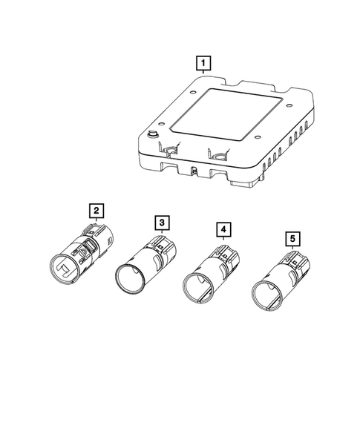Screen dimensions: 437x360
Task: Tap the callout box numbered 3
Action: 160,222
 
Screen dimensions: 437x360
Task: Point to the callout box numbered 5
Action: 294,238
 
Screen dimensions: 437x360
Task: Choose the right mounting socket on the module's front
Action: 219,157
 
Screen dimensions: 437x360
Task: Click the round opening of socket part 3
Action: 130,278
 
